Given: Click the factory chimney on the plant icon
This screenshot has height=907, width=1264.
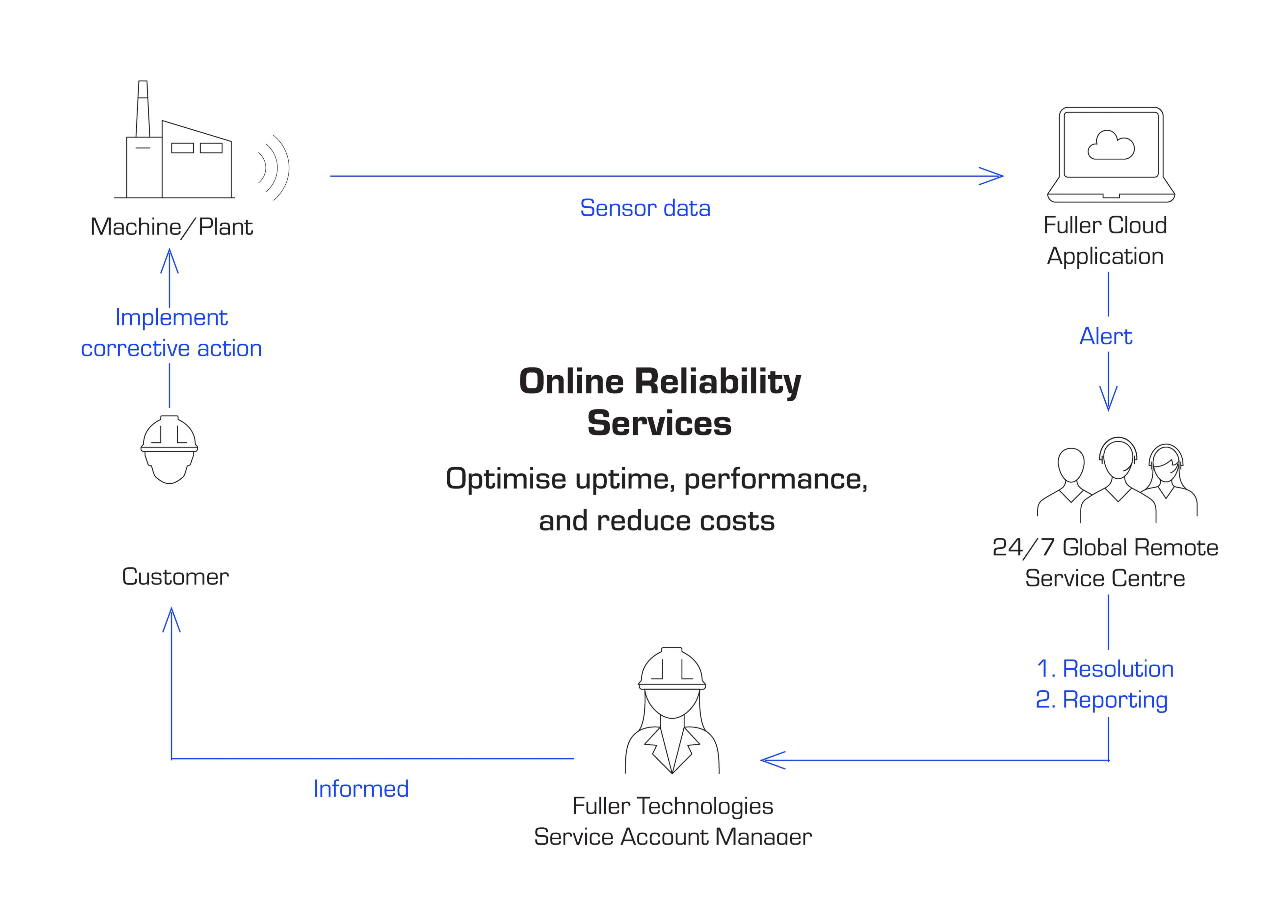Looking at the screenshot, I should (143, 109).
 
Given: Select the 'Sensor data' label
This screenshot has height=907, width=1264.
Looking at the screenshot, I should (645, 208).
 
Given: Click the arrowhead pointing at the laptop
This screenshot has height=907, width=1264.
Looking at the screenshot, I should (992, 176).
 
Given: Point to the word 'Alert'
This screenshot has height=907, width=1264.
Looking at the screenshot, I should (1106, 336).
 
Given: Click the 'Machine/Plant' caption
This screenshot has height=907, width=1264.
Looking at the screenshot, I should (171, 227).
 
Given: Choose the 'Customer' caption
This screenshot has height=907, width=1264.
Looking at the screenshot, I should (175, 576).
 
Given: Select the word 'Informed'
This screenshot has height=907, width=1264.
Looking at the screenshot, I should (361, 788).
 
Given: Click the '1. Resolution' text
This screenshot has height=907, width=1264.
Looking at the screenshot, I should (1105, 668).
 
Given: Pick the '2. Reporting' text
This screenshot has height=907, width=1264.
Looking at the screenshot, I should (1102, 700).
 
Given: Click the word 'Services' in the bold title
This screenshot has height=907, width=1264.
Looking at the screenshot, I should (659, 423).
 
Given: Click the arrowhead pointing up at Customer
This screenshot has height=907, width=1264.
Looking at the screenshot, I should (171, 619).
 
